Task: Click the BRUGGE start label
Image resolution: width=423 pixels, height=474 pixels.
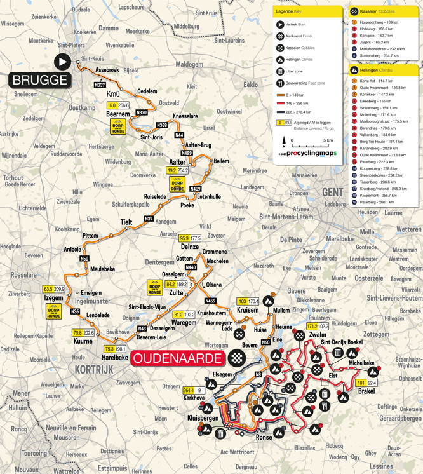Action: coord(39,80)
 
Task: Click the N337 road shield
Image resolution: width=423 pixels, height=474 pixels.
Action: coord(100,85)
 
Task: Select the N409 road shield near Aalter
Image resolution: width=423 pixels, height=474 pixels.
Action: coord(195,189)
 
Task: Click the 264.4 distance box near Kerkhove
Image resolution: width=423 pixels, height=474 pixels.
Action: coord(188,390)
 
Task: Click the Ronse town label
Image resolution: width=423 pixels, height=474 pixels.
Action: coord(262,437)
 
